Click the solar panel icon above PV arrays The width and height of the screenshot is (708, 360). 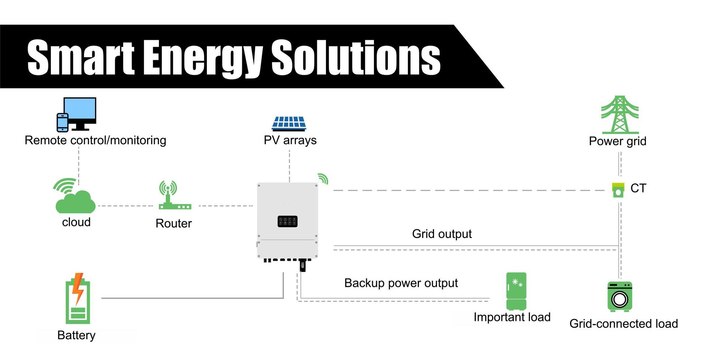pyautogui.click(x=289, y=124)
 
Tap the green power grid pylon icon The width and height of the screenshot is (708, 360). pyautogui.click(x=620, y=115)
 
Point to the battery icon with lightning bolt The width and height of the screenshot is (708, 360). pyautogui.click(x=78, y=299)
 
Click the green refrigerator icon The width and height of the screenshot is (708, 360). pyautogui.click(x=516, y=291)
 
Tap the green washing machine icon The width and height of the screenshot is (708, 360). pyautogui.click(x=620, y=297)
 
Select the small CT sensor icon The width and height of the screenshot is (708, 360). pyautogui.click(x=618, y=190)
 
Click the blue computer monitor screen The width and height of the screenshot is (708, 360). pyautogui.click(x=80, y=110)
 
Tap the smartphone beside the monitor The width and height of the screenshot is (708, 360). pyautogui.click(x=62, y=122)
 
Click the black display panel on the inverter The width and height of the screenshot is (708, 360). pyautogui.click(x=288, y=221)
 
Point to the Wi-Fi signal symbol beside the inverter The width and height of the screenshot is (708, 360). pyautogui.click(x=323, y=179)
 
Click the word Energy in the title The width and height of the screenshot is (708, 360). pyautogui.click(x=203, y=58)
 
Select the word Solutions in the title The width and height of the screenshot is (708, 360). pyautogui.click(x=356, y=57)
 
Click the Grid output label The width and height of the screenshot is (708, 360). pyautogui.click(x=442, y=234)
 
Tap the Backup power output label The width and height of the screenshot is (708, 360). pyautogui.click(x=401, y=283)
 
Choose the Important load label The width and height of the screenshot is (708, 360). pyautogui.click(x=512, y=317)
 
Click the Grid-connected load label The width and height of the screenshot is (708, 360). pyautogui.click(x=624, y=323)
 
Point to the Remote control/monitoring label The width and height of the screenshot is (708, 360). pyautogui.click(x=96, y=140)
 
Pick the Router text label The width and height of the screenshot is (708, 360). pyautogui.click(x=174, y=223)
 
